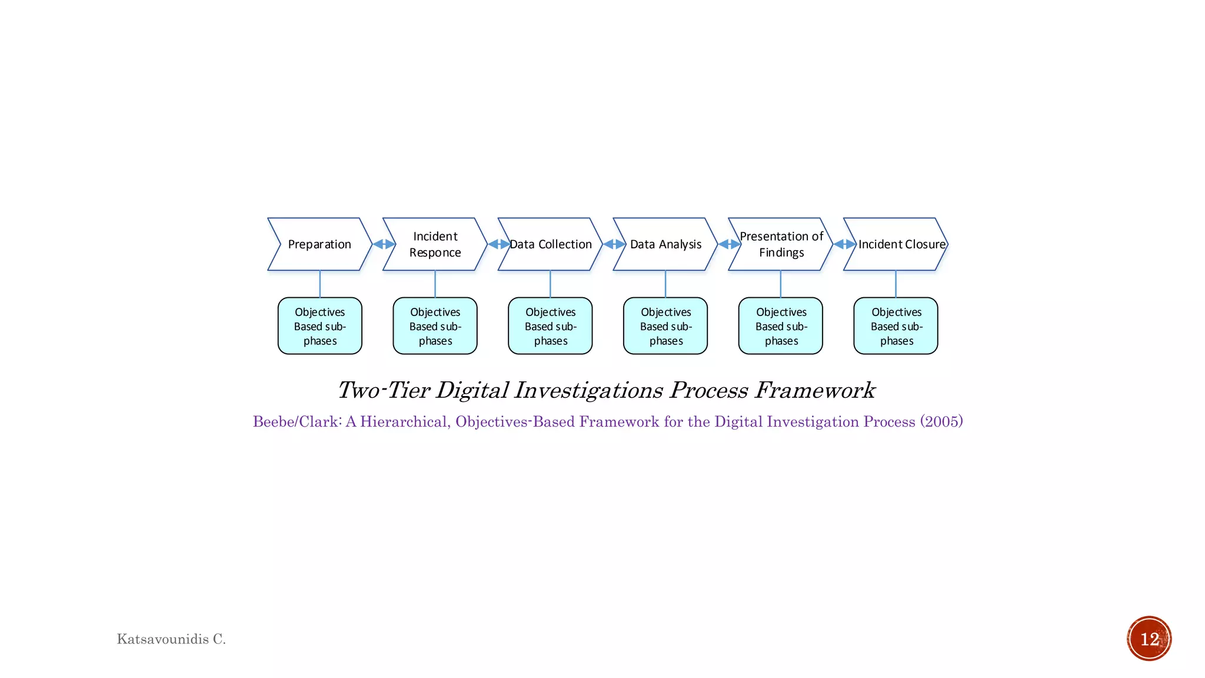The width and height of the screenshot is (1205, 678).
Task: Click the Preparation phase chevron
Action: pos(319,244)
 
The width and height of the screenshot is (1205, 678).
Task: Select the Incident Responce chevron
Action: pos(435,244)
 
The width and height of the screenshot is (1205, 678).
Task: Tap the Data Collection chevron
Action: pos(550,244)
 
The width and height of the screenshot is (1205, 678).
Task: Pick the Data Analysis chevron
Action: pos(665,244)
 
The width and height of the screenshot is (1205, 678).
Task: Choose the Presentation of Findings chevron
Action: pos(781,244)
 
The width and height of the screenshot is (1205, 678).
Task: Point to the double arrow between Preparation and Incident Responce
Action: pos(384,244)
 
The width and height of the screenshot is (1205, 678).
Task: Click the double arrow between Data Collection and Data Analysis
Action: pos(614,244)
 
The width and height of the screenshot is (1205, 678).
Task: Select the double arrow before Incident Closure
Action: pos(845,244)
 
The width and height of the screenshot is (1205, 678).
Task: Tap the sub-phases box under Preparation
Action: pos(319,326)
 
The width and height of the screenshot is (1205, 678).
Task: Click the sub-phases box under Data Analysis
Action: pos(665,326)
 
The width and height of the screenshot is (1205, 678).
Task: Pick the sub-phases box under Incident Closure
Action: pos(896,326)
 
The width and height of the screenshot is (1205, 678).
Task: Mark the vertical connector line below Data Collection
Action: pos(550,284)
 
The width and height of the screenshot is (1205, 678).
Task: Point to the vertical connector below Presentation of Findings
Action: pos(781,284)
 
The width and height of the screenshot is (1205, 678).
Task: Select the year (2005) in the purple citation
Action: pos(941,421)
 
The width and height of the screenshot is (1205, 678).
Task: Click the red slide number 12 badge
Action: pos(1149,639)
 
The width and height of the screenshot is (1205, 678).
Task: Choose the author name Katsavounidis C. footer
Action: pos(171,639)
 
